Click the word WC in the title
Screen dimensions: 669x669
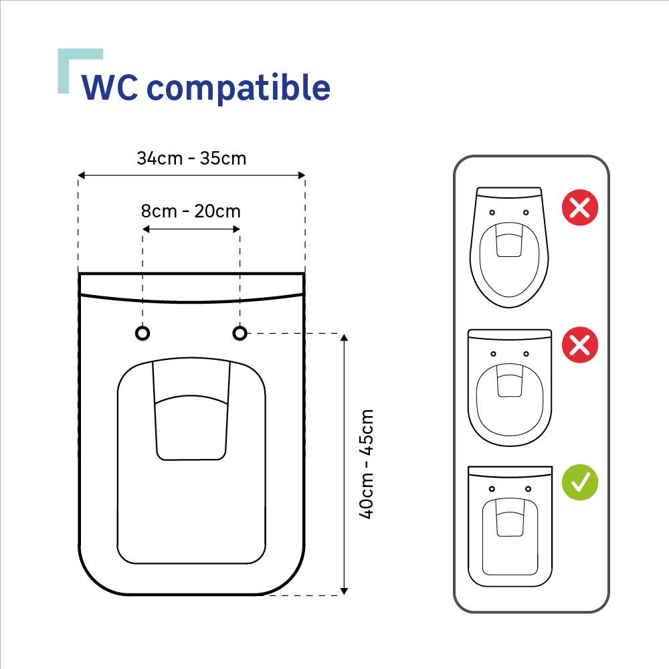pyautogui.click(x=110, y=88)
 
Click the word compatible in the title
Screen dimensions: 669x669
pyautogui.click(x=239, y=88)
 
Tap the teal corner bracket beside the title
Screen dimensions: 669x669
pyautogui.click(x=64, y=70)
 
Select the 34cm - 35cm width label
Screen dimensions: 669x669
pyautogui.click(x=191, y=159)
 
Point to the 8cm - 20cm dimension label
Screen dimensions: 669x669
pyautogui.click(x=191, y=211)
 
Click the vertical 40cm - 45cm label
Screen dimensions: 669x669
pyautogui.click(x=367, y=464)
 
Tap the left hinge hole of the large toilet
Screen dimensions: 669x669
pyautogui.click(x=142, y=332)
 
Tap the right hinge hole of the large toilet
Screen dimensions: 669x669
pyautogui.click(x=240, y=332)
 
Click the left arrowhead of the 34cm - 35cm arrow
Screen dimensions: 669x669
pyautogui.click(x=82, y=175)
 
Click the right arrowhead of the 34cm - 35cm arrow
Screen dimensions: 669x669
pyautogui.click(x=302, y=175)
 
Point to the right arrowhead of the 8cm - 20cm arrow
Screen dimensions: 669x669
pyautogui.click(x=236, y=229)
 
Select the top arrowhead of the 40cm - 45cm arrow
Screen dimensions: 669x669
pyautogui.click(x=345, y=337)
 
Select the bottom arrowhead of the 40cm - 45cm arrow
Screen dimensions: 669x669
pyautogui.click(x=345, y=591)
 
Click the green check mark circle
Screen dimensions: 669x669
pyautogui.click(x=580, y=482)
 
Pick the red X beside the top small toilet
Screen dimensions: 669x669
pyautogui.click(x=580, y=207)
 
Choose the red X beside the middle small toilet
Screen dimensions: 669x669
pyautogui.click(x=580, y=345)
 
